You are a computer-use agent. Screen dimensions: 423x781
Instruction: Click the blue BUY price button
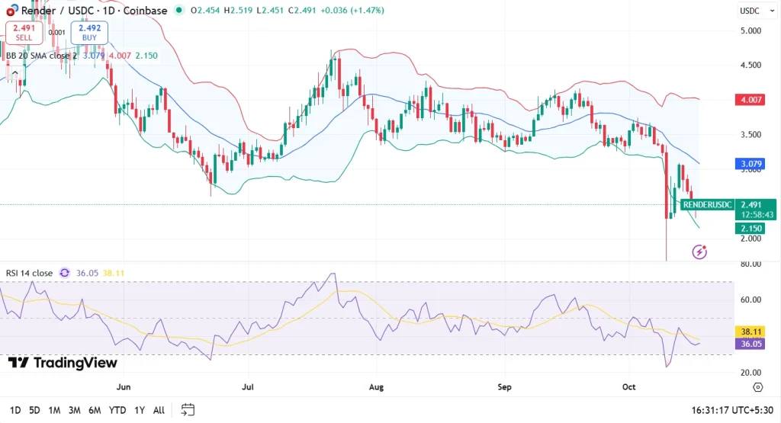89,32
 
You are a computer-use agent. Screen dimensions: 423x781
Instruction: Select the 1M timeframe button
54,410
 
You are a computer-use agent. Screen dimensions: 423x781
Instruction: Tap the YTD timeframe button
117,410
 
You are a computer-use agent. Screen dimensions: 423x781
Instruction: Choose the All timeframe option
159,410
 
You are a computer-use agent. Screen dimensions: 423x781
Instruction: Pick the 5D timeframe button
34,410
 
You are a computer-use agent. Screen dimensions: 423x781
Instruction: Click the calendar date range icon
188,410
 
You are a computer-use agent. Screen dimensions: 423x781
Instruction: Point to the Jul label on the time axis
247,387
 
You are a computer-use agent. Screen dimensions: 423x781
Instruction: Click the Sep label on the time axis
504,387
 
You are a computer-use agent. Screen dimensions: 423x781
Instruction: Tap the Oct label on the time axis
629,387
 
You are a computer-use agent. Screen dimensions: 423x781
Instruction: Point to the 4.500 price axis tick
750,66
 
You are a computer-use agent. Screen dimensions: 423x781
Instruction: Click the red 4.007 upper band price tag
750,100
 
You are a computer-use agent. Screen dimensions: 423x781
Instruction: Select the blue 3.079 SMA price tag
750,164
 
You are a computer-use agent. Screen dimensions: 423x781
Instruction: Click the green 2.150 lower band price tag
750,229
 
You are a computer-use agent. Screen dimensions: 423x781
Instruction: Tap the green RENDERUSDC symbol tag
707,204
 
